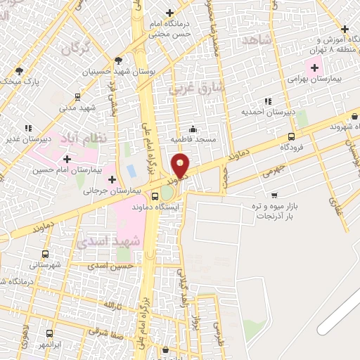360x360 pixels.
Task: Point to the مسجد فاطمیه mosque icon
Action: pyautogui.click(x=192, y=129)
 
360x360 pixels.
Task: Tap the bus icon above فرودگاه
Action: pyautogui.click(x=291, y=137)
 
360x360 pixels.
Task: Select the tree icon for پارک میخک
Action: pyautogui.click(x=19, y=70)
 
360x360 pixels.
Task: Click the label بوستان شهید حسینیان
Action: pyautogui.click(x=115, y=72)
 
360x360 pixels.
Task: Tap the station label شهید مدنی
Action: pyautogui.click(x=77, y=108)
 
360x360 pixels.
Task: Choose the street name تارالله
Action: pyautogui.click(x=112, y=307)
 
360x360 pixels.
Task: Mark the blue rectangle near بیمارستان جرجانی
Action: pyautogui.click(x=131, y=171)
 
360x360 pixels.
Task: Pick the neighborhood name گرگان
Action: pyautogui.click(x=77, y=49)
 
